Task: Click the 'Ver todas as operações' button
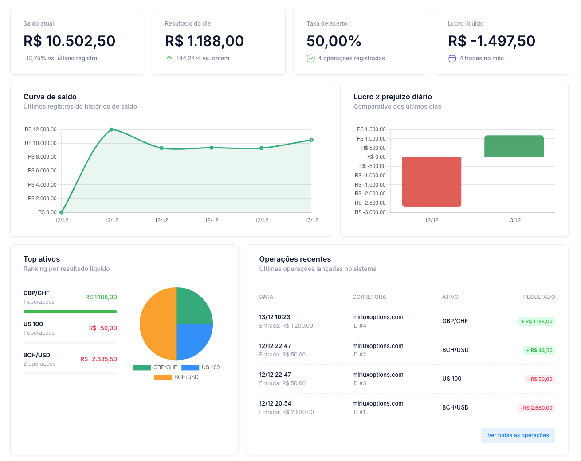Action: [x=518, y=435]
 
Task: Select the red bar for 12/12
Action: [x=432, y=182]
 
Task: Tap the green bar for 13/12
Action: [x=514, y=146]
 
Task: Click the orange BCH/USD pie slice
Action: [x=157, y=324]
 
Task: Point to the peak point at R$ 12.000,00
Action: [x=111, y=129]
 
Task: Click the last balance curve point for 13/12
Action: [x=311, y=140]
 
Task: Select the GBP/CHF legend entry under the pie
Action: [x=155, y=367]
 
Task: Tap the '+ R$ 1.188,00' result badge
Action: [x=537, y=321]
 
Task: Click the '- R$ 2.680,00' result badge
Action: [x=536, y=408]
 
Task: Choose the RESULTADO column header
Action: [x=539, y=297]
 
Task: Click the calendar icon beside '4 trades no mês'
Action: [x=452, y=58]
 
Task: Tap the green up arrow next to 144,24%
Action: [x=169, y=58]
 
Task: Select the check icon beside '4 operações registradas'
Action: [x=310, y=58]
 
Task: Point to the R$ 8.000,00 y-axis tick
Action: [x=42, y=157]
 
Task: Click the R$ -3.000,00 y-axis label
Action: [x=370, y=212]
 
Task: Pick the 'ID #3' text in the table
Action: [x=359, y=383]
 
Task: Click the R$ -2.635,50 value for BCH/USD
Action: [x=98, y=359]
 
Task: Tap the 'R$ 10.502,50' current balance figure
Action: [x=70, y=41]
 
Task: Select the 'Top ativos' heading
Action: [x=42, y=259]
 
